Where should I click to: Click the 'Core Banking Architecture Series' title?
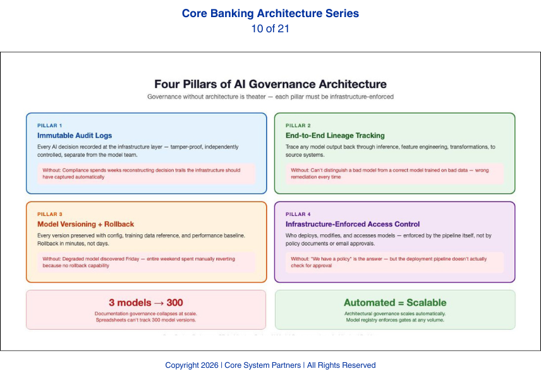[270, 13]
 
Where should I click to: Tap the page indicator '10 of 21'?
[270, 28]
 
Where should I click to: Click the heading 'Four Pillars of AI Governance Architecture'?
[270, 84]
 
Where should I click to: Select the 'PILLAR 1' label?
[50, 125]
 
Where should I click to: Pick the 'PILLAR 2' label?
[298, 125]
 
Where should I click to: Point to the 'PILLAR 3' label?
[50, 214]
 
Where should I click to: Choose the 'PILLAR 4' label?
[298, 214]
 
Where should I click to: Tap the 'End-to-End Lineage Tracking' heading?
[335, 135]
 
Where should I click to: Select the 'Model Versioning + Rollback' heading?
[85, 224]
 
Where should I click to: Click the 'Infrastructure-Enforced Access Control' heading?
[353, 224]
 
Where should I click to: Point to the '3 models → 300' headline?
[146, 303]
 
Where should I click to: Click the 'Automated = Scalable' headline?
[395, 303]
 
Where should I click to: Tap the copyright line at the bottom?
[270, 365]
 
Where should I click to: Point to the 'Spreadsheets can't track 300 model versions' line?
[146, 320]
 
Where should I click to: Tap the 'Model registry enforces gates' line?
[395, 320]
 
